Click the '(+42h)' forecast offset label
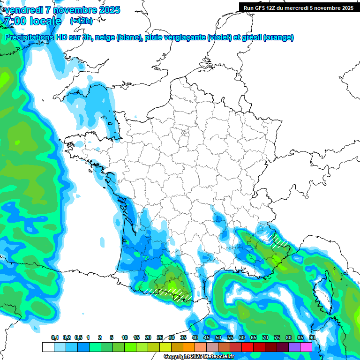coord(81,21)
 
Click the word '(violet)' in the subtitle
coord(219,37)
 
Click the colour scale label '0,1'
coord(54,337)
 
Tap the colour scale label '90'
coord(312,337)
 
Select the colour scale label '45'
coord(207,337)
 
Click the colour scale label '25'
coord(160,337)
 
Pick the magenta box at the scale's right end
coord(306,347)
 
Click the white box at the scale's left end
coord(48,347)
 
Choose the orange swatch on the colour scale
coord(188,347)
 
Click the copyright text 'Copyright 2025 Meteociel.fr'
coord(199,356)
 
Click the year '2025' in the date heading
coord(109,10)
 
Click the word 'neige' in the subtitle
coord(105,37)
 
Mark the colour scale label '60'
coord(241,337)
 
